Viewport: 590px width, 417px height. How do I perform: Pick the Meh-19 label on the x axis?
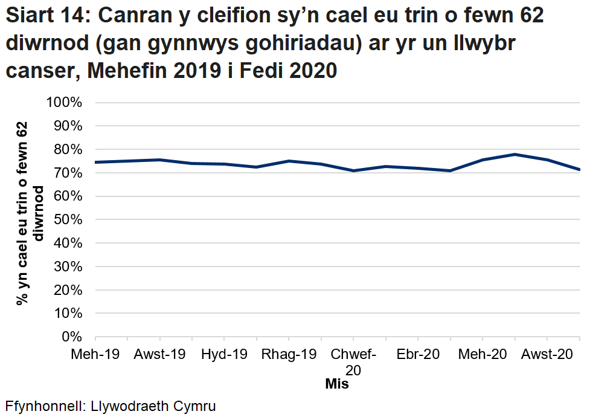[95, 354]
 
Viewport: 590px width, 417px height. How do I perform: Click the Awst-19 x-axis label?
[159, 354]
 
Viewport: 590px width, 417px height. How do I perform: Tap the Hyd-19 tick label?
[224, 354]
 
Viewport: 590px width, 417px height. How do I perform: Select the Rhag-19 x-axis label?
[289, 354]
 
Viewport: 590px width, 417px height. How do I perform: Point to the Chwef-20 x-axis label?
[353, 361]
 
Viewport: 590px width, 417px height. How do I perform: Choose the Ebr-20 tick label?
[418, 354]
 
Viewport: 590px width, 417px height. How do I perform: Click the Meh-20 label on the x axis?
[483, 354]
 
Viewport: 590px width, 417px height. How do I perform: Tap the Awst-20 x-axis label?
[547, 354]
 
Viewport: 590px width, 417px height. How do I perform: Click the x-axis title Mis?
[337, 384]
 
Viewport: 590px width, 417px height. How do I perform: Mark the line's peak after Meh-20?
[515, 154]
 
